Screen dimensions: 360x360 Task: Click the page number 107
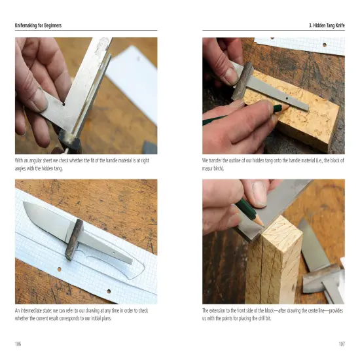pos(341,343)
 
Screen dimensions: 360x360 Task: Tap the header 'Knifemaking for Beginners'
pos(43,26)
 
